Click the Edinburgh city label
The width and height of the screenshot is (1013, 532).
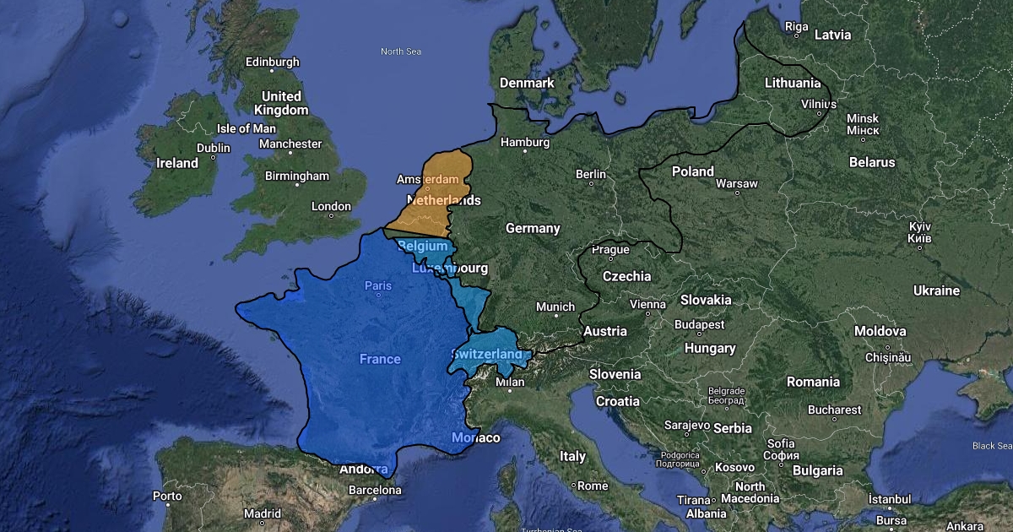coord(272,62)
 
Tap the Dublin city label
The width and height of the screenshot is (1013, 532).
coord(213,148)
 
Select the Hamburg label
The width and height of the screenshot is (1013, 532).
coord(524,142)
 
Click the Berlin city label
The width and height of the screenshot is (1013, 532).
coord(591,174)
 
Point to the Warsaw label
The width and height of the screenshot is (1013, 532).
coord(736,183)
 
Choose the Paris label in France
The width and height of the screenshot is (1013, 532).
coord(378,285)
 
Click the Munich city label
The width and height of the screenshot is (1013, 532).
coord(555,307)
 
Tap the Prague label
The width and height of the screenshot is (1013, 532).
coord(610,249)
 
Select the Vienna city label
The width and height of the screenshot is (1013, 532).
coord(647,304)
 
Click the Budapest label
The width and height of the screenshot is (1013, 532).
coord(699,324)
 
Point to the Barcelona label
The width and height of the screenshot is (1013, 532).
coord(375,490)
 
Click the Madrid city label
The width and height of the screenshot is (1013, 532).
coord(263,513)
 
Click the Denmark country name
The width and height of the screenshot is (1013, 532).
coord(527,83)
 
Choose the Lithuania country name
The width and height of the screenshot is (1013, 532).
coord(792,83)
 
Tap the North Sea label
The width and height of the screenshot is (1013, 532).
coord(400,52)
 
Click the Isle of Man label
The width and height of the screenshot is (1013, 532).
coord(246,128)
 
